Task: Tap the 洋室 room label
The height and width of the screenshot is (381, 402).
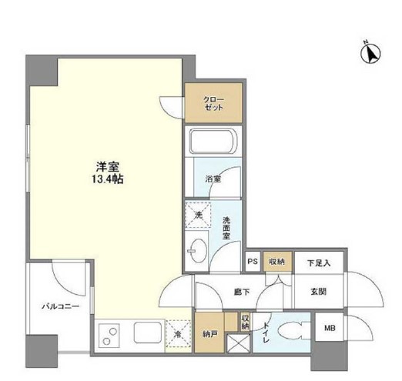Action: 107,165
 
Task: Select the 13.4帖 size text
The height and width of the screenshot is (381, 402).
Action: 107,179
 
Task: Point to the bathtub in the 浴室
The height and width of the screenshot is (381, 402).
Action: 213,143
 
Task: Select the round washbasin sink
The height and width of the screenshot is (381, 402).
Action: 197,251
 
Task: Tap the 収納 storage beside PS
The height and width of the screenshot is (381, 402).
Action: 276,262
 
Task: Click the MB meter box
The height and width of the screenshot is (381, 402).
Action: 329,329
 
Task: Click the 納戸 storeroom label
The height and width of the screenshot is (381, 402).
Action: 209,333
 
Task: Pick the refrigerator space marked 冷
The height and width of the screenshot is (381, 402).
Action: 176,335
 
